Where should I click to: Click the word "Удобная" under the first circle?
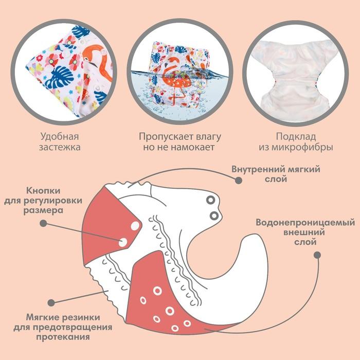60,137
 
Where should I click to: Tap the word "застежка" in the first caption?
60,147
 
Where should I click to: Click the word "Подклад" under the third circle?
296,137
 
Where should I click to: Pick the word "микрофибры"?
305,148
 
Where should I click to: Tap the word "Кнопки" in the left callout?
43,191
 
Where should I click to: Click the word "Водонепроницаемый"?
305,223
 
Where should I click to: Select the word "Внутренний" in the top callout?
256,169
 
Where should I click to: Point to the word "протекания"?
63,337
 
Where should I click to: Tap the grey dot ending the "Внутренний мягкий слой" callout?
239,181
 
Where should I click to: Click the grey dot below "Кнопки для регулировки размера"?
43,223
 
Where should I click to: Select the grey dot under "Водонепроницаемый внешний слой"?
317,255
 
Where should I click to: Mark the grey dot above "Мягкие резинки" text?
51,303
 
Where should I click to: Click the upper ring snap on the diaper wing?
210,200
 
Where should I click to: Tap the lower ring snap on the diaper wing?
214,215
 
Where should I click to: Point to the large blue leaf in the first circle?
59,77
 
